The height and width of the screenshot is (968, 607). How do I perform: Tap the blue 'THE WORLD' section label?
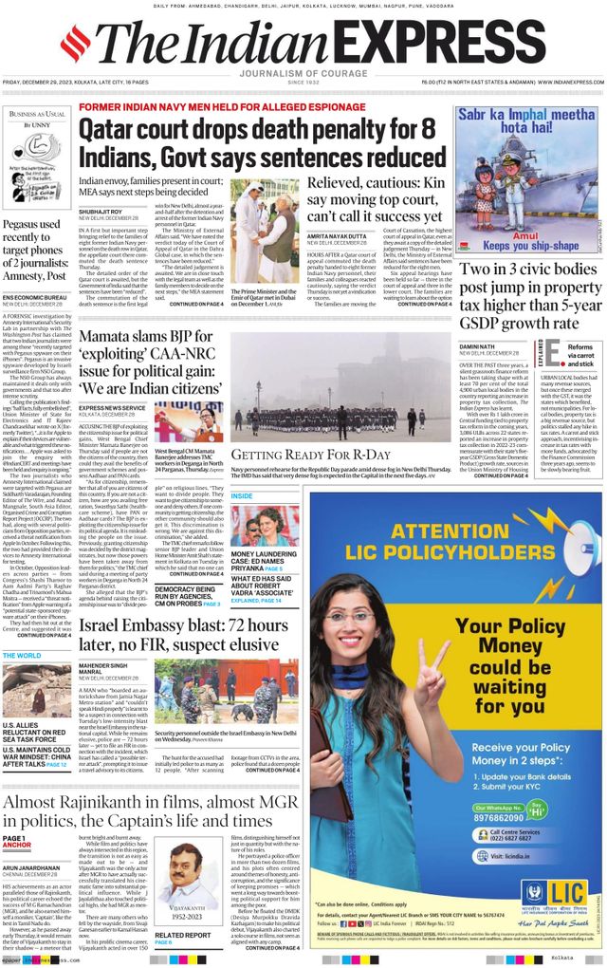coord(23,655)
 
